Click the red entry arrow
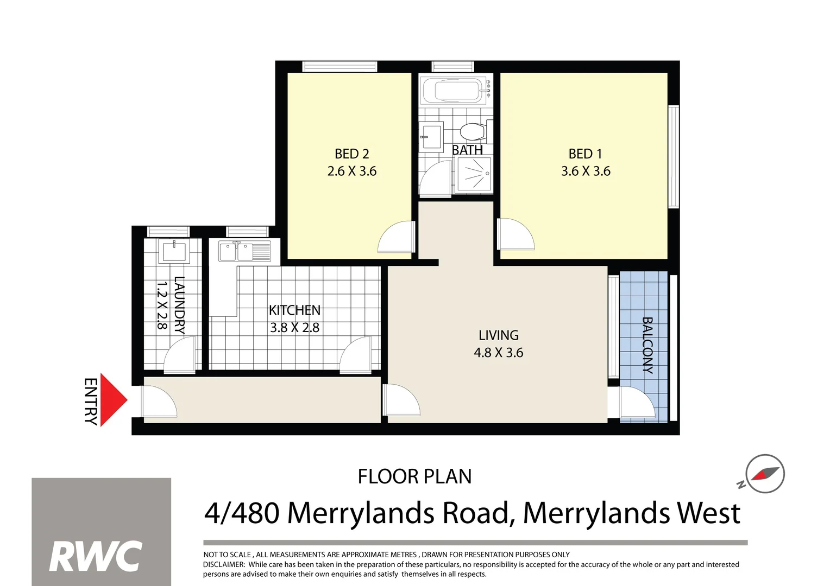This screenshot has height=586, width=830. tap(112, 400)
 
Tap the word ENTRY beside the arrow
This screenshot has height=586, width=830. tap(91, 401)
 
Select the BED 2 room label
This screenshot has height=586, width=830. tap(351, 154)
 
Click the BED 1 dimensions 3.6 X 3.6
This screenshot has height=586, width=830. tap(586, 171)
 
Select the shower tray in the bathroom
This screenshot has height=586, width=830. tap(474, 175)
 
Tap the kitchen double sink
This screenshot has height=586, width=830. tap(244, 252)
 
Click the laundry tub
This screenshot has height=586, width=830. tap(173, 252)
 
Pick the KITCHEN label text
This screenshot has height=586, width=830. tap(294, 310)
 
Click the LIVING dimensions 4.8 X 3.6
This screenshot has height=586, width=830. tap(498, 353)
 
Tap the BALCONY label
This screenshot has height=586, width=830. tap(647, 345)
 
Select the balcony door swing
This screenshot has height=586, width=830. tap(636, 403)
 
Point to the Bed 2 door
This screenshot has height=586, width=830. tap(396, 237)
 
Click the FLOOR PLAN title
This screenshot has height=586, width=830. tap(414, 477)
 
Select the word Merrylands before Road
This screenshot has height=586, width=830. tap(360, 513)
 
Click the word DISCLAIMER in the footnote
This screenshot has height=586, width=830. tap(223, 564)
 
